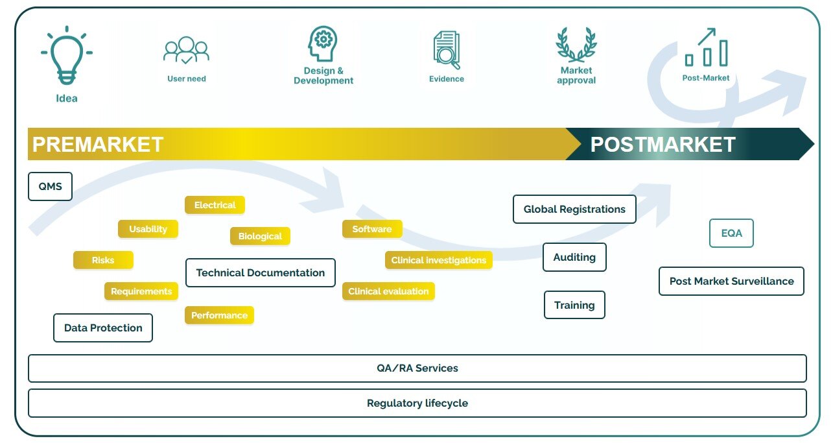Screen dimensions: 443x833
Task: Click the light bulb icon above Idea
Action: (x=66, y=56)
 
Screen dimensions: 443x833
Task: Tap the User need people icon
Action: (x=186, y=51)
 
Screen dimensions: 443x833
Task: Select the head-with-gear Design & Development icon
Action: (x=323, y=44)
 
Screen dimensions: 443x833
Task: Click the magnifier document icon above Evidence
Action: (x=446, y=50)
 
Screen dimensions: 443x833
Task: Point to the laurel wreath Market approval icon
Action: (x=576, y=45)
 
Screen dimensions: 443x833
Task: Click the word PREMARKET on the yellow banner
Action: (x=98, y=144)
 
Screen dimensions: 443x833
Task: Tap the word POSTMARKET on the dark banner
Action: (x=663, y=144)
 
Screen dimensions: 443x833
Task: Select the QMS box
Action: (x=50, y=187)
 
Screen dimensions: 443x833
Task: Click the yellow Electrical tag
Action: (x=215, y=205)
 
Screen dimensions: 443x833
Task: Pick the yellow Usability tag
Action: (x=148, y=229)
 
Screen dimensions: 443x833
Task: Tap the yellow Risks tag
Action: (x=103, y=260)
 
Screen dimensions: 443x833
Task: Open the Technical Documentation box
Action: (x=260, y=273)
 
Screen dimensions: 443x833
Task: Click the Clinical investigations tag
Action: (x=438, y=260)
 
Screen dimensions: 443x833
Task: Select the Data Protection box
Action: (x=103, y=328)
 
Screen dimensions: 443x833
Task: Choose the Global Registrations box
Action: (x=574, y=210)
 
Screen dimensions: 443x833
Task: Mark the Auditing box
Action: (x=574, y=257)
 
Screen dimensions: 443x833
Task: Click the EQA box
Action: (x=731, y=233)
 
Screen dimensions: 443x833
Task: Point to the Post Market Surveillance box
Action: (x=731, y=281)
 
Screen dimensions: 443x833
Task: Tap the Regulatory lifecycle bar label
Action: (x=417, y=403)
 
